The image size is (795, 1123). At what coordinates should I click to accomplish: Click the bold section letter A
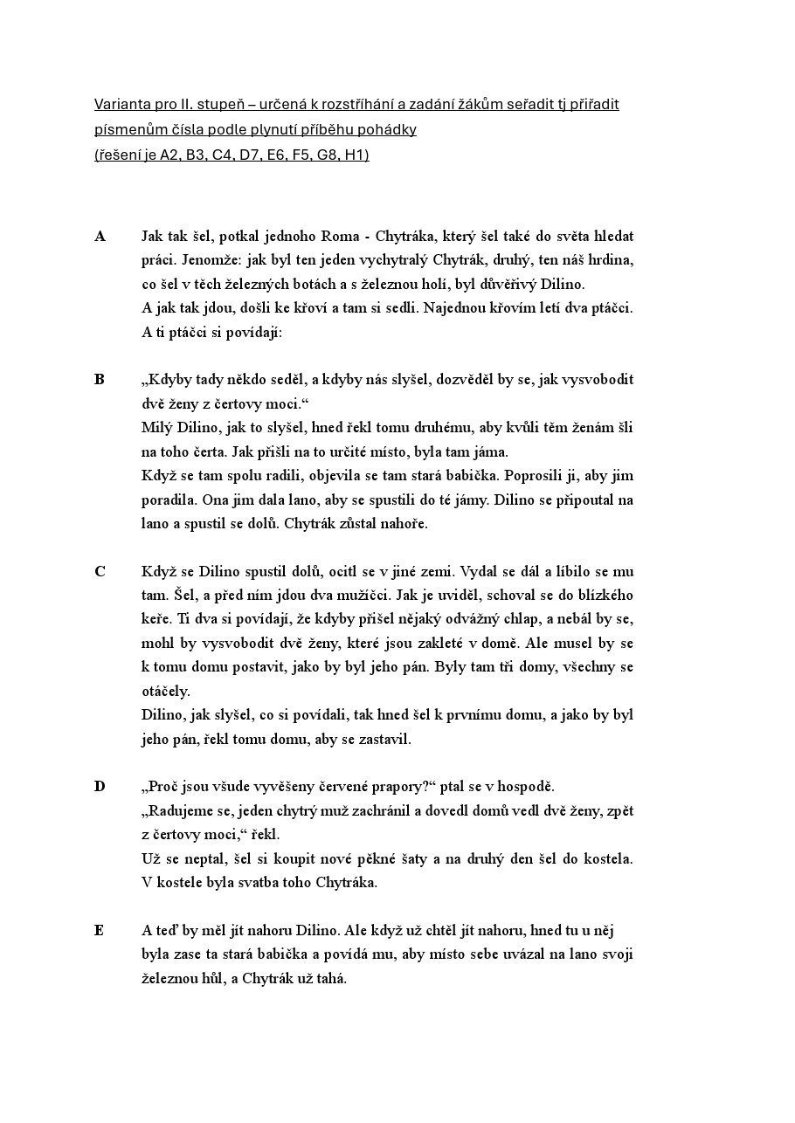click(100, 237)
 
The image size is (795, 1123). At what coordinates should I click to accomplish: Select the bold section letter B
click(100, 380)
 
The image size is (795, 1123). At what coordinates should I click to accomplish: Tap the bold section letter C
click(100, 572)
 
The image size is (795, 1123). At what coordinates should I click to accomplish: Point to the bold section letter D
click(100, 787)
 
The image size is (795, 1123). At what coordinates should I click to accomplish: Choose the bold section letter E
click(99, 931)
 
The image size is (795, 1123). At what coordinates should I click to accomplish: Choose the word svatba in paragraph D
click(248, 882)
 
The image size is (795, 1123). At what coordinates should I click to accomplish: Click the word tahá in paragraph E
click(329, 978)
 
